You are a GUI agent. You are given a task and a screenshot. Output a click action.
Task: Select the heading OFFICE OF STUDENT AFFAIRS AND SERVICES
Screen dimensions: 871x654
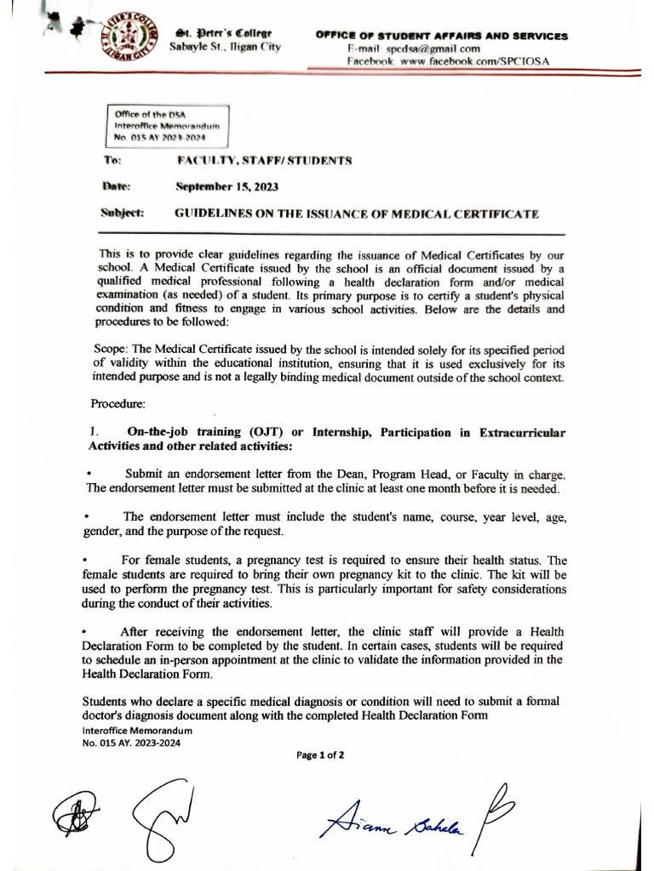(441, 37)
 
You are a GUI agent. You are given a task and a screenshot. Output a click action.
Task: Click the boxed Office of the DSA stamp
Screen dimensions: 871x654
(168, 125)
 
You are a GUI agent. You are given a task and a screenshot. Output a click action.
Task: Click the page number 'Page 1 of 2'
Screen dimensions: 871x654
(320, 754)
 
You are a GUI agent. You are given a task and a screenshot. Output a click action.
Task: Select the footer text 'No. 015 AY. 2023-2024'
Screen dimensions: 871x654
(131, 742)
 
